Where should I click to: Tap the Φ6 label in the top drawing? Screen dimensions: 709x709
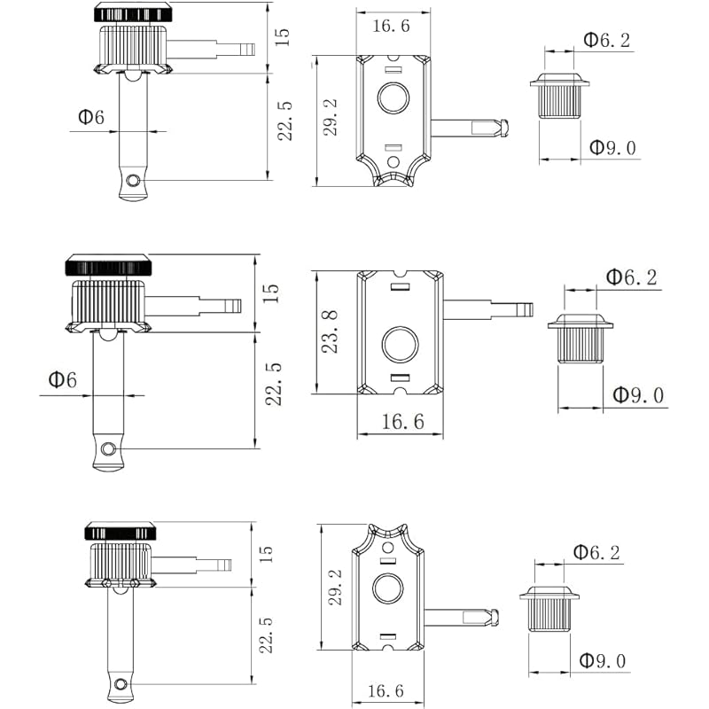(91, 117)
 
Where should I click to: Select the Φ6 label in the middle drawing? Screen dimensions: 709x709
(62, 380)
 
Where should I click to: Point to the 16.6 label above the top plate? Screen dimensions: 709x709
(391, 26)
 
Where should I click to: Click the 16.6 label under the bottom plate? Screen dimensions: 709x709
(386, 690)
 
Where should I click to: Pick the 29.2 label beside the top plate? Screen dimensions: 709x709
(331, 117)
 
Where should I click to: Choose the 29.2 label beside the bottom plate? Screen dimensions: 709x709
(336, 587)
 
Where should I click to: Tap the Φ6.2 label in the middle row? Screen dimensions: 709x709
(632, 277)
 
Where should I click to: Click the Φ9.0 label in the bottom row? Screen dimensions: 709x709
(603, 660)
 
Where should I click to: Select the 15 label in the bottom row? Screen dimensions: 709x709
(266, 554)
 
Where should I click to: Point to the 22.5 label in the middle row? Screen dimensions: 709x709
(274, 384)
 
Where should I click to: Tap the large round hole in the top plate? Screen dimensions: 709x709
(393, 97)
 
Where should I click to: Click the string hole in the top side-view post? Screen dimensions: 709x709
(132, 181)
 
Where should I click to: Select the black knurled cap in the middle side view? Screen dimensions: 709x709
(108, 265)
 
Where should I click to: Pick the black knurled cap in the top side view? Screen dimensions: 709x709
(133, 13)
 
